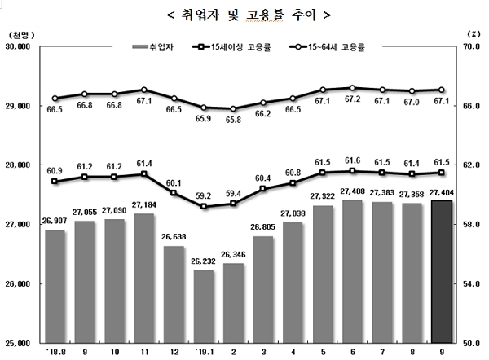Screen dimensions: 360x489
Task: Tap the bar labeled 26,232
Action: point(204,306)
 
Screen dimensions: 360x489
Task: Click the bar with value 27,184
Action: point(144,278)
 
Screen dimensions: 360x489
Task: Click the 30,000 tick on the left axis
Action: point(17,47)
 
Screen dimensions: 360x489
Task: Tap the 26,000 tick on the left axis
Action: point(17,284)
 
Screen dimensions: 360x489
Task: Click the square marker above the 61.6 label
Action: point(352,171)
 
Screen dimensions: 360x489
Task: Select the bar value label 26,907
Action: point(54,222)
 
